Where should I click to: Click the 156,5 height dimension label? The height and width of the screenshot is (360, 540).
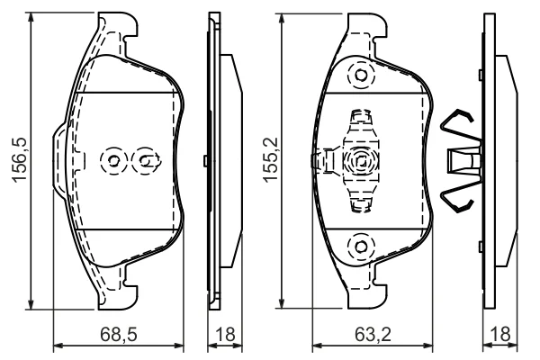(x=19, y=160)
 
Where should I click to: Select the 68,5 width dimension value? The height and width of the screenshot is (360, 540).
(x=119, y=334)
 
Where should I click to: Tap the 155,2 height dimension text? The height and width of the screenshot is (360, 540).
(x=270, y=159)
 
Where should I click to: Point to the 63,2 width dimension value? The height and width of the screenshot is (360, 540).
(x=373, y=334)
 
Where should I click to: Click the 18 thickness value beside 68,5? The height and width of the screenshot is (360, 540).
(x=225, y=334)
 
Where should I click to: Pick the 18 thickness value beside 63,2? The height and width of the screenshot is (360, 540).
(x=500, y=334)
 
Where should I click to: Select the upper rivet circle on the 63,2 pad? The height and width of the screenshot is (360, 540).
(x=361, y=75)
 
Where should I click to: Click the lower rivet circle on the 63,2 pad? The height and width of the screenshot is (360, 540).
(x=361, y=247)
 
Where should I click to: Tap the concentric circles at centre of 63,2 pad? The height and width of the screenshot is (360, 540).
(x=361, y=160)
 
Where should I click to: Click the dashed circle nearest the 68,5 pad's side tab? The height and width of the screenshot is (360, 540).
(x=113, y=160)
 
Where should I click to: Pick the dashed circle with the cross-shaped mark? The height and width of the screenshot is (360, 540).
(x=146, y=160)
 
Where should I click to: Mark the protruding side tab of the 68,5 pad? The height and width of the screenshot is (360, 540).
(x=59, y=160)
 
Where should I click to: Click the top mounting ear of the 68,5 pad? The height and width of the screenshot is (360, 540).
(x=117, y=24)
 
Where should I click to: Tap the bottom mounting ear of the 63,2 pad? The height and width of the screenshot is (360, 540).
(x=367, y=296)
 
